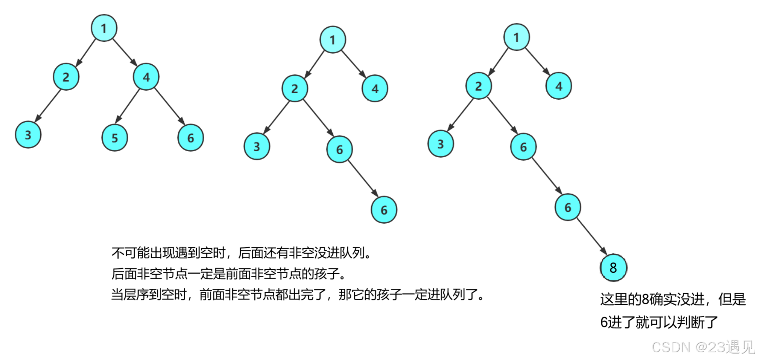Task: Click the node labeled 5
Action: tap(115, 138)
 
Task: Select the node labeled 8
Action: tap(613, 268)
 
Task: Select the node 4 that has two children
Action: tap(146, 77)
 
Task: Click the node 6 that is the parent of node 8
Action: tap(568, 207)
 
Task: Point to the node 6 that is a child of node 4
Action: tap(191, 138)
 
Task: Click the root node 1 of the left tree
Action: tap(104, 28)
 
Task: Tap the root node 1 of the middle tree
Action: tap(333, 40)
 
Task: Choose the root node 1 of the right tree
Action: tap(517, 37)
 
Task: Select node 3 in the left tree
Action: tap(28, 135)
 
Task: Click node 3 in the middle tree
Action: tap(257, 146)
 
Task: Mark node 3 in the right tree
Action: tap(441, 144)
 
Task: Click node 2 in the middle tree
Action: tap(295, 89)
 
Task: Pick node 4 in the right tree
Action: tap(559, 86)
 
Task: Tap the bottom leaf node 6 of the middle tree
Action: tap(384, 210)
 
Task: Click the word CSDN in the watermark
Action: tap(670, 347)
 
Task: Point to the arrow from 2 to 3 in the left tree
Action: tap(47, 106)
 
